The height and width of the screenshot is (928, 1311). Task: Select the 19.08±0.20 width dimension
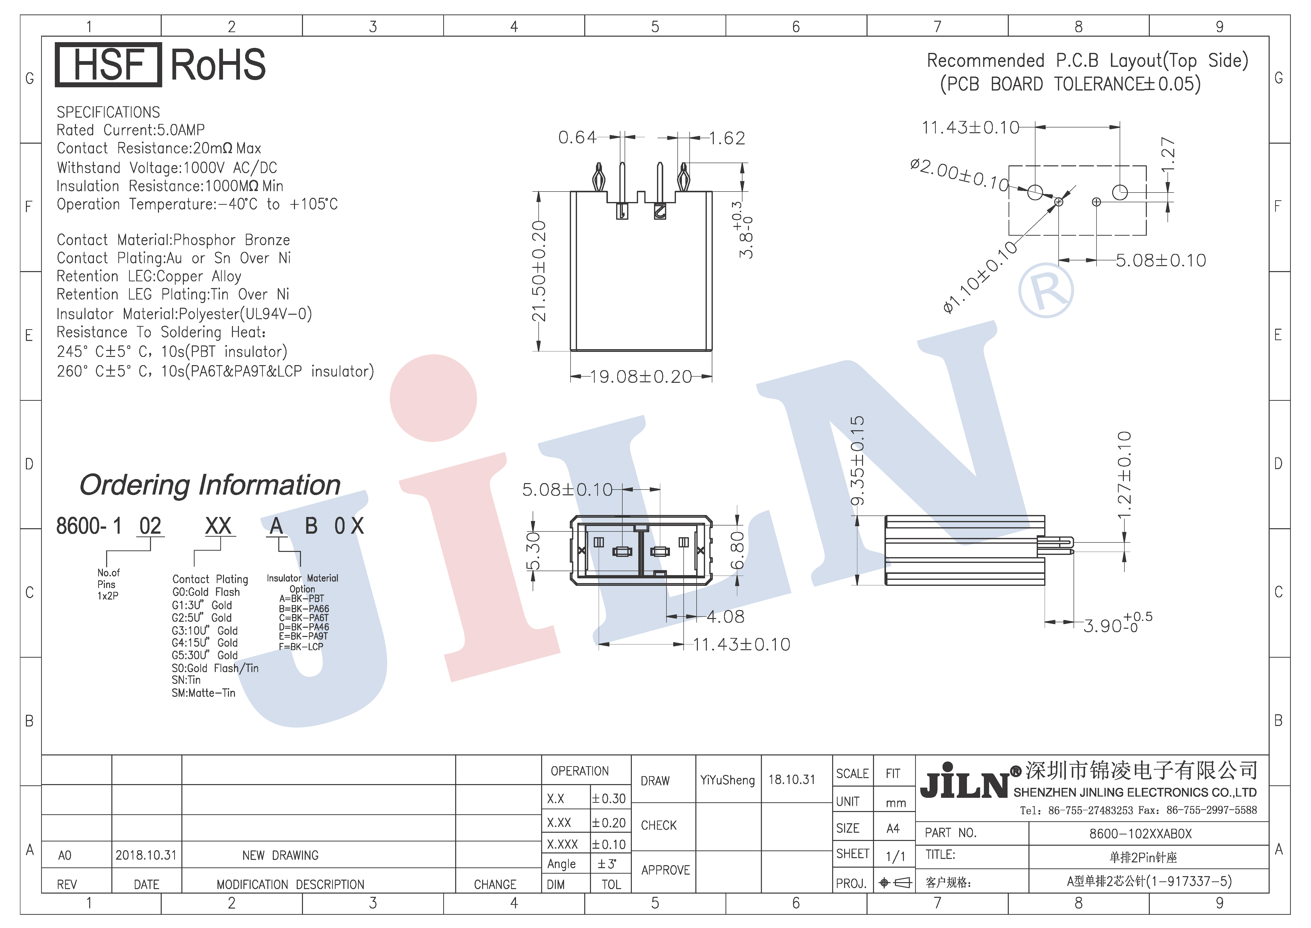point(641,377)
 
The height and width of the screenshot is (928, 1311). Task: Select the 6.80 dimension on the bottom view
point(737,550)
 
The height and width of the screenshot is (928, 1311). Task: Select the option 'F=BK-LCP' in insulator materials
point(301,647)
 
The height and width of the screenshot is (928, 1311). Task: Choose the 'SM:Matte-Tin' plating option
point(203,693)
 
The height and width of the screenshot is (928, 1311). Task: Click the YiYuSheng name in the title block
point(728,780)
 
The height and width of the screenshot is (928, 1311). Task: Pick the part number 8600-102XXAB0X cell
point(1140,834)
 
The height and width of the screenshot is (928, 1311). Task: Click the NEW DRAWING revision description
point(280,855)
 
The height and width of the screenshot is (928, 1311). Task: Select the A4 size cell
point(893,828)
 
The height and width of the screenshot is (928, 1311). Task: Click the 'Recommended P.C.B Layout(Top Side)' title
point(1087,61)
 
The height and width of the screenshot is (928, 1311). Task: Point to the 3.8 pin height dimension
point(745,230)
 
